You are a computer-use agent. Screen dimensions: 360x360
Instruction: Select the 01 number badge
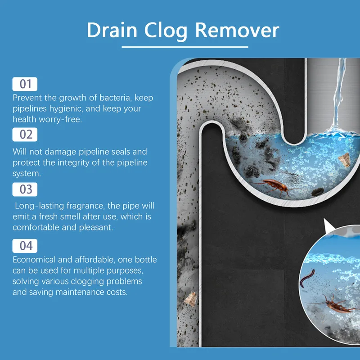(x=25, y=84)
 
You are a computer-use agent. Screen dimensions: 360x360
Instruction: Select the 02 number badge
(x=25, y=134)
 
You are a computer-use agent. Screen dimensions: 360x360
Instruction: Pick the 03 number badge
(x=25, y=189)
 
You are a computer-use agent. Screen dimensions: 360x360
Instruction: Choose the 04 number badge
(x=25, y=246)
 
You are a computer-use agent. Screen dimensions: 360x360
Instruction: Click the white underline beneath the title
(x=184, y=46)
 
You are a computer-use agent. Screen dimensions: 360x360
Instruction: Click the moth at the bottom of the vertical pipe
(x=191, y=298)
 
